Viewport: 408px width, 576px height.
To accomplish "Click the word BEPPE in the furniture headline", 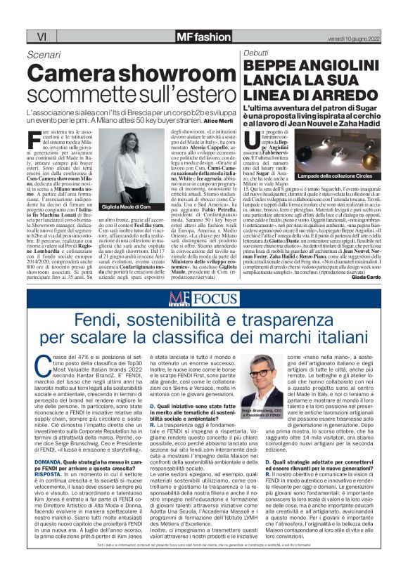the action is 269,65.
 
